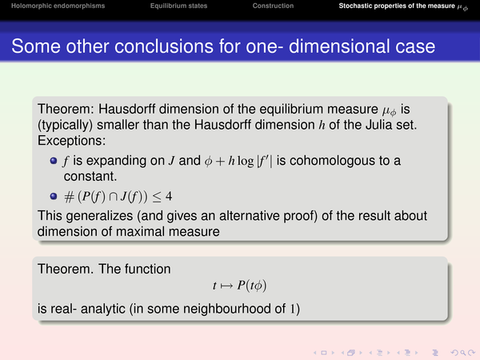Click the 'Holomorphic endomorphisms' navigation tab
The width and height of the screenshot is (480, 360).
tap(58, 6)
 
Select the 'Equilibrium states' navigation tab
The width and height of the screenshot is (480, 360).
tap(178, 6)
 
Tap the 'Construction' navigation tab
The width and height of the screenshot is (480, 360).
tap(273, 6)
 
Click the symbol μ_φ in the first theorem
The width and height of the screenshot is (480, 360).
tap(389, 110)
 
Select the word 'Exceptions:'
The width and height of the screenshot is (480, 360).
tap(72, 141)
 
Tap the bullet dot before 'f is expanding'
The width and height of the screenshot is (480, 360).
tap(54, 161)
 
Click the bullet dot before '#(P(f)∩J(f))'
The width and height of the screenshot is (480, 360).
tap(54, 196)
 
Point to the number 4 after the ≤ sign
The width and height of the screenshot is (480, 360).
tap(169, 196)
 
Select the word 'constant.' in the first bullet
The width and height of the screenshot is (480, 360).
tap(90, 176)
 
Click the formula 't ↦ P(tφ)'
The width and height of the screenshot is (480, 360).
tap(240, 286)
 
